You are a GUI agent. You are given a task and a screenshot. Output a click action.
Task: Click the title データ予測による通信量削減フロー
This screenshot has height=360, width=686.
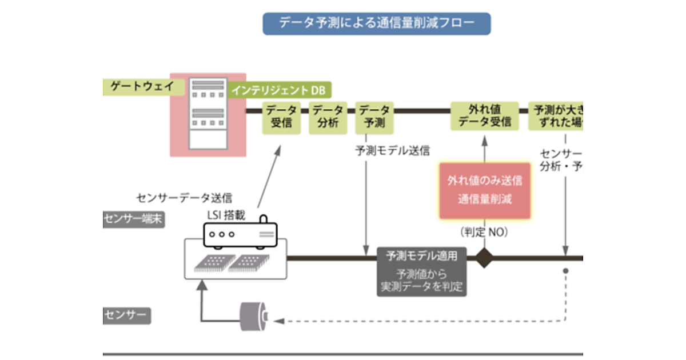[377, 23]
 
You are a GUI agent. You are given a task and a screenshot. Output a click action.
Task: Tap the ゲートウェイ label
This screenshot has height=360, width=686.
[137, 87]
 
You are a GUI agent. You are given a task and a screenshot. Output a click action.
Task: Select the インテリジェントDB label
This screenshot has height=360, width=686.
[281, 90]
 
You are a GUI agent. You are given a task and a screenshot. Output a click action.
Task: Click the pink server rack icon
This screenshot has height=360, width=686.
[208, 114]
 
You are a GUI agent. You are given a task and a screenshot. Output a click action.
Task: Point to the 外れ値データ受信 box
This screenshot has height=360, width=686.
[485, 115]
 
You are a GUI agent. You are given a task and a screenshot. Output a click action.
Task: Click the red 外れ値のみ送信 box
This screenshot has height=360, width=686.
[485, 190]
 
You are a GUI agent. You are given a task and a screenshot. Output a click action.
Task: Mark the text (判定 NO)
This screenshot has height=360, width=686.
[484, 233]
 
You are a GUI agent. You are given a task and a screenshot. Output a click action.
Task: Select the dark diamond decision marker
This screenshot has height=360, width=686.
[484, 258]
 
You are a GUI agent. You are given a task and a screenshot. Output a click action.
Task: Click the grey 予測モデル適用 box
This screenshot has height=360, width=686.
[422, 271]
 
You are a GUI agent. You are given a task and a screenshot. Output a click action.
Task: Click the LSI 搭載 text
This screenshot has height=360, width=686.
[226, 215]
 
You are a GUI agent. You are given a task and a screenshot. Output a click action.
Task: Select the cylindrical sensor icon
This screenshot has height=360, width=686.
[253, 315]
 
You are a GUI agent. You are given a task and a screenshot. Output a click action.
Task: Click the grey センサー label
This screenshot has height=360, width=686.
[127, 315]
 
